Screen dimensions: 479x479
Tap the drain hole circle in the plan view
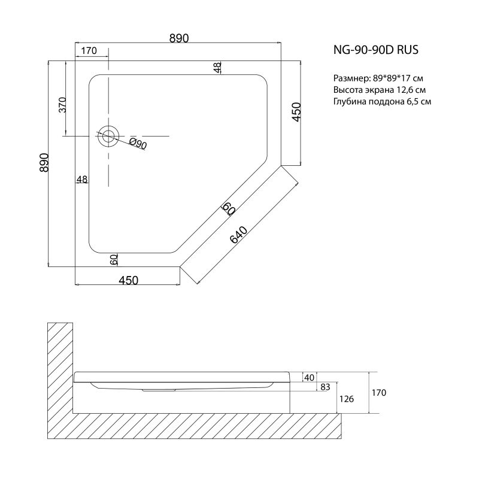108,136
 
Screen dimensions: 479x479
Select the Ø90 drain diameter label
138,143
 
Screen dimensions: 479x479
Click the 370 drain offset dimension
62,106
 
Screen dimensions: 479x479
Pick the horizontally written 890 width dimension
179,38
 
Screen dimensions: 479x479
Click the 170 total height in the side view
378,393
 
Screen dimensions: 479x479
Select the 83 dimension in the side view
325,387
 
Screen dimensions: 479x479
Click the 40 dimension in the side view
310,377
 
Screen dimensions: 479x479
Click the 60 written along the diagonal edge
228,208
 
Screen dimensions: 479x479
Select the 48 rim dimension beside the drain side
82,179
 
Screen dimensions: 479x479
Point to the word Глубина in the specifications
350,101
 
